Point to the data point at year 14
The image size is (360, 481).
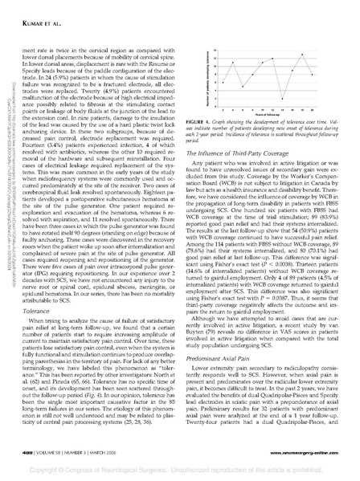[x=282, y=98]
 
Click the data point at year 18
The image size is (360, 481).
[x=302, y=55]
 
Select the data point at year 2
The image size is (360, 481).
[x=223, y=83]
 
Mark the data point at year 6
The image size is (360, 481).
[x=243, y=86]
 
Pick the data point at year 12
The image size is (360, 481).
[x=272, y=59]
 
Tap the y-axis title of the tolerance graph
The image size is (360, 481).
[x=207, y=76]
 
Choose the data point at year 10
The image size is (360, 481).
[x=263, y=63]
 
